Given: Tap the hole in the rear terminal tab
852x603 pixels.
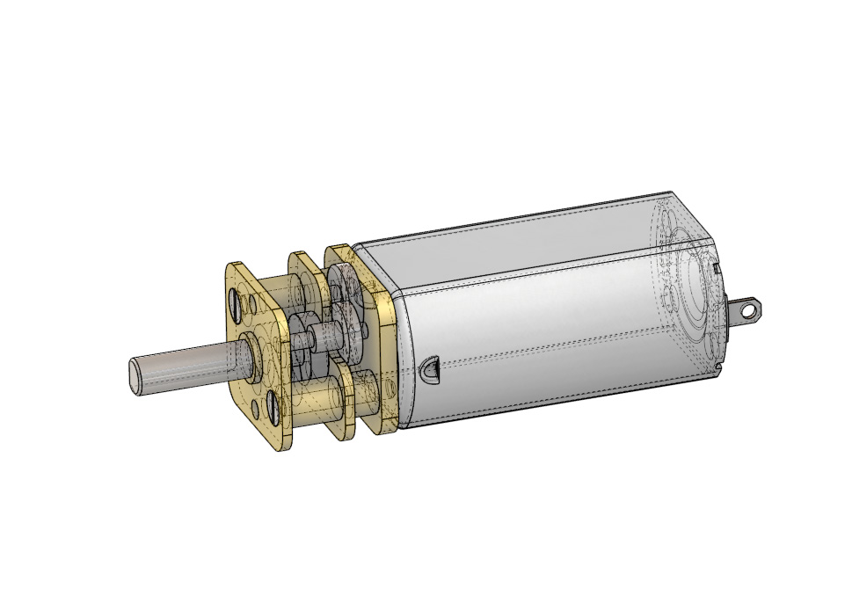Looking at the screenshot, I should pyautogui.click(x=747, y=309).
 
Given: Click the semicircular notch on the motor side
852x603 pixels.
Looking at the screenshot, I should pyautogui.click(x=430, y=368).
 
